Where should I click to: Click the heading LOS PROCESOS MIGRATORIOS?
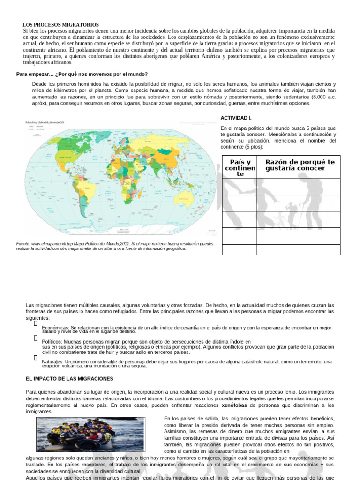(61, 24)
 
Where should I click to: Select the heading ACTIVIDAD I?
(236, 118)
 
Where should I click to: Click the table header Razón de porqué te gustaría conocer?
(300, 165)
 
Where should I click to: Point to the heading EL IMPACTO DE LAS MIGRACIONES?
(69, 378)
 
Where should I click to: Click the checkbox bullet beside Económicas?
(35, 323)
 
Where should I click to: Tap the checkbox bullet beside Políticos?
(35, 337)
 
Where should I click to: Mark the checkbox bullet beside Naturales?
(35, 358)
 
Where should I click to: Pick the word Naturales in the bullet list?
(52, 362)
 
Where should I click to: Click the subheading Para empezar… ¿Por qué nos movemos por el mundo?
(82, 74)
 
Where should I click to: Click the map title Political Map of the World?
(45, 122)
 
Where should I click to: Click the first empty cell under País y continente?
(239, 187)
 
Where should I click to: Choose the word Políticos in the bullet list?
(52, 342)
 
